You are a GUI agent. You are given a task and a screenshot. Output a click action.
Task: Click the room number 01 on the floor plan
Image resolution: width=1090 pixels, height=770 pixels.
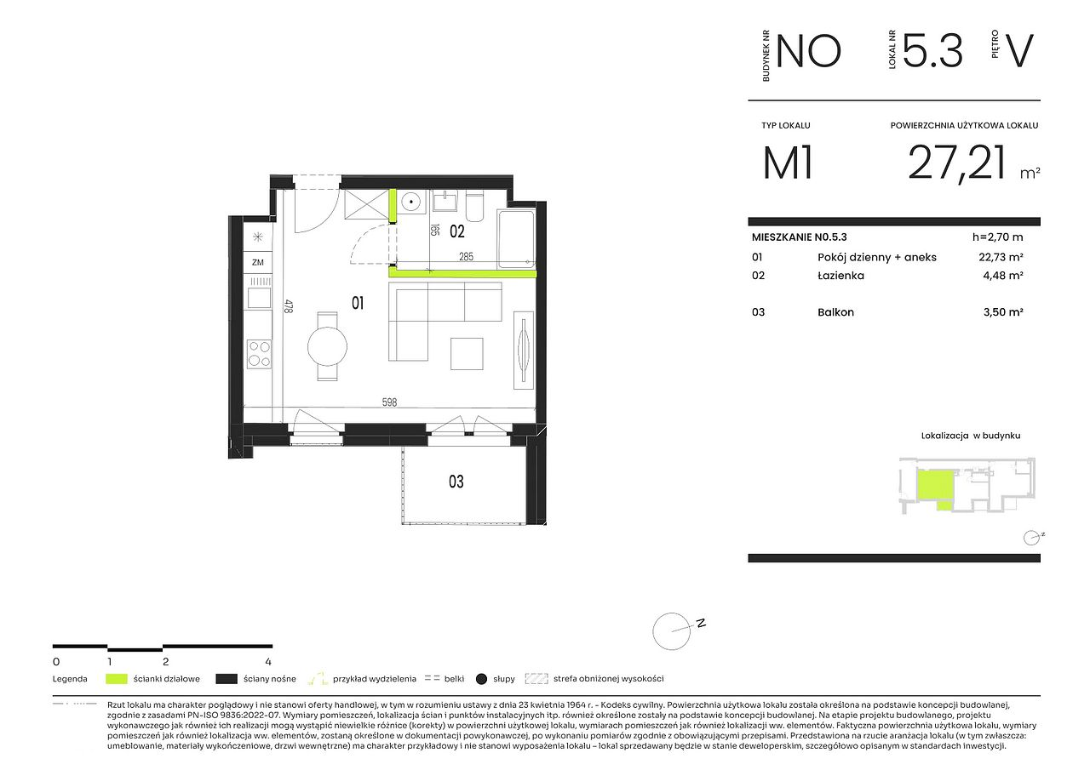358,304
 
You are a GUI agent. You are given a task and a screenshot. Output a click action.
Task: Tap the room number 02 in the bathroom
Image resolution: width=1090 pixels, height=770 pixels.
457,231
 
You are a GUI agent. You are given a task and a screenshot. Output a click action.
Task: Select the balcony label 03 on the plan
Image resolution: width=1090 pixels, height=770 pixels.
456,482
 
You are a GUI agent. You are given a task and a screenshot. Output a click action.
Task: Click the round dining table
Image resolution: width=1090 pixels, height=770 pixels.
328,346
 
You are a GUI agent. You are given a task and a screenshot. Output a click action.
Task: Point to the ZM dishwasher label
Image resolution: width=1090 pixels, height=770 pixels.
258,263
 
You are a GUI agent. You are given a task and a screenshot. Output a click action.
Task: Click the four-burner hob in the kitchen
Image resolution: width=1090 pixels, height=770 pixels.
260,354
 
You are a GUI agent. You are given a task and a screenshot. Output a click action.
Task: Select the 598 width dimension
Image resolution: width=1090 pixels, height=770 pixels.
390,402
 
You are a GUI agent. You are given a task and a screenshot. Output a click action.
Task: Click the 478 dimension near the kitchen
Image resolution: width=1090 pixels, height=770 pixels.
289,306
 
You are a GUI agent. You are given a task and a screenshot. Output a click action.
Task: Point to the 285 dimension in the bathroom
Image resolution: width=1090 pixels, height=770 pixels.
466,257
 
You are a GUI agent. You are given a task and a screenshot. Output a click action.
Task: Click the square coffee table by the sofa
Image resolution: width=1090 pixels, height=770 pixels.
467,354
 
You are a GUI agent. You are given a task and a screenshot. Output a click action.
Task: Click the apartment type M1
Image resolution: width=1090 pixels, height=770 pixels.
788,163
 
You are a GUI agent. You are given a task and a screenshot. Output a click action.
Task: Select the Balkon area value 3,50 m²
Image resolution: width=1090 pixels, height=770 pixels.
1003,312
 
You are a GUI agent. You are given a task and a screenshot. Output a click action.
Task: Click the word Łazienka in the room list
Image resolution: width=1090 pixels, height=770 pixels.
840,276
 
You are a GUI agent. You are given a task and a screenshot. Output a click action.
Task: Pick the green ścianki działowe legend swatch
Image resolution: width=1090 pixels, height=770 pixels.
117,679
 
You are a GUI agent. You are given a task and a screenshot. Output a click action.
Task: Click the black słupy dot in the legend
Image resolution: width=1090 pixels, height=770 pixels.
481,680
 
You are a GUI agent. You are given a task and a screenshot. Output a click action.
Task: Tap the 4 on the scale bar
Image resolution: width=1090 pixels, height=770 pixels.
268,662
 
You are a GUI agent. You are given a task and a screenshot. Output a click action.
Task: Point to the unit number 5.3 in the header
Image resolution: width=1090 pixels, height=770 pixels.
932,50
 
